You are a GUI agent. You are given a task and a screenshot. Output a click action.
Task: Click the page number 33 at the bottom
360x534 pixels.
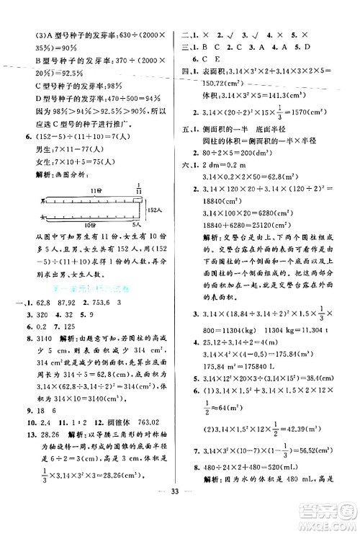(181, 517)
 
